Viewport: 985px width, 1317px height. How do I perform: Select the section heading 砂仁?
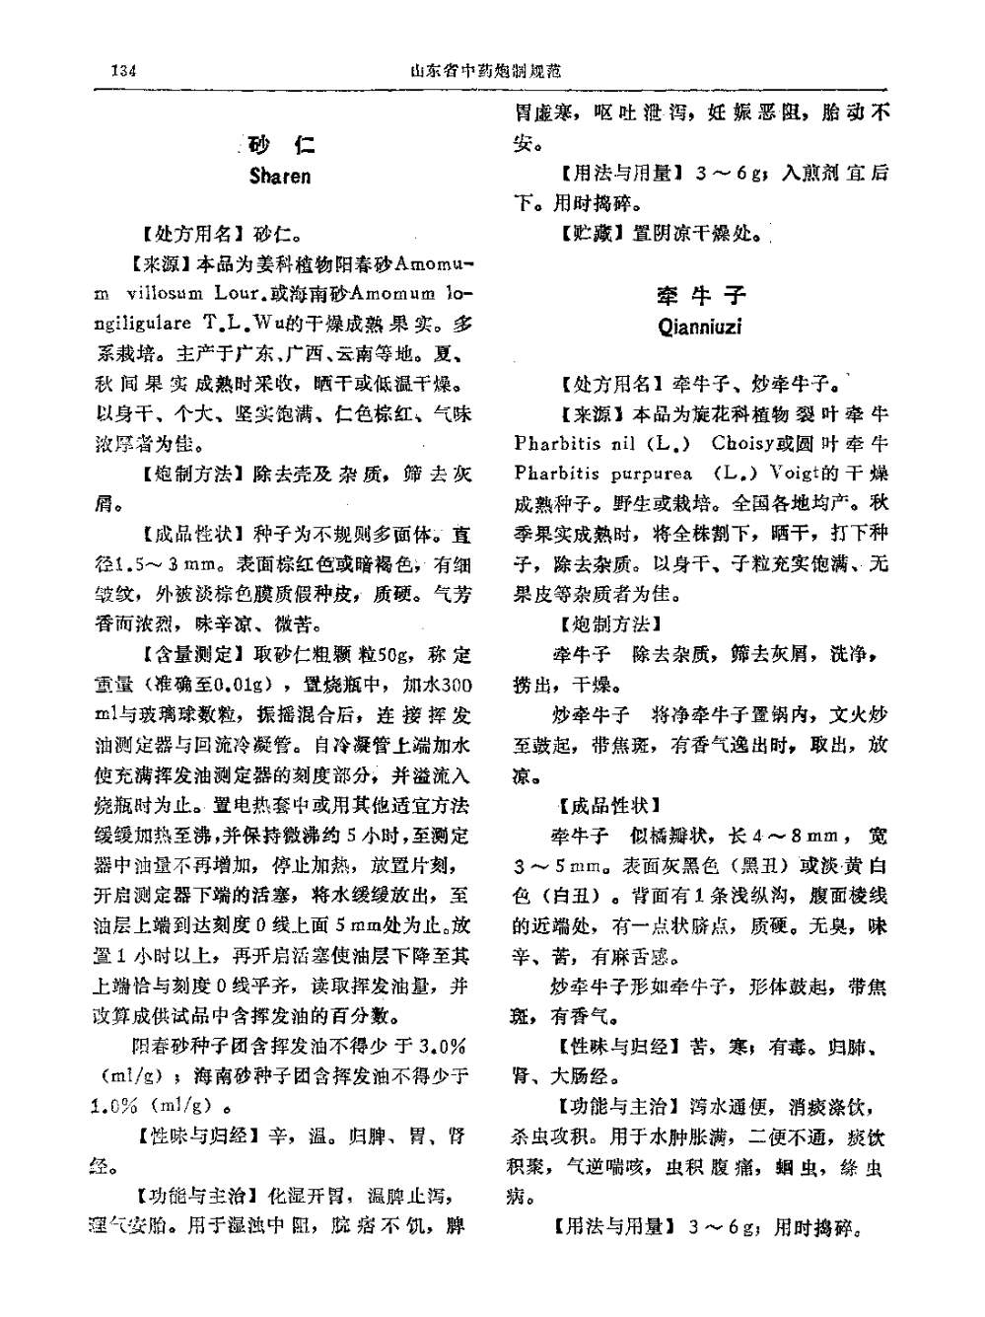[x=280, y=146]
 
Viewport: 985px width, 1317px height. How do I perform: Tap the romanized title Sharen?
[x=280, y=177]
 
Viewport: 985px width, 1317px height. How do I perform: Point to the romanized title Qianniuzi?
[x=700, y=327]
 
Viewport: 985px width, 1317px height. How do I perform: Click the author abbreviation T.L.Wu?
[x=237, y=323]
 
